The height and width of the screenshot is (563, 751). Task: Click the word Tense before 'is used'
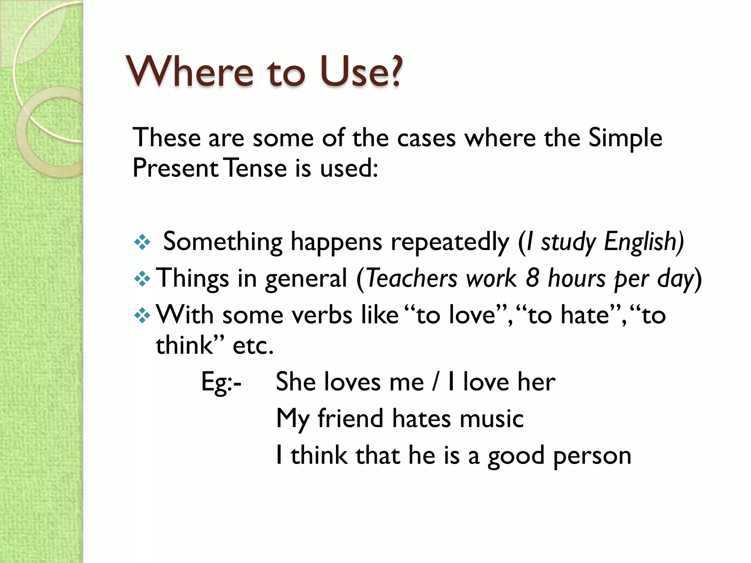tap(255, 169)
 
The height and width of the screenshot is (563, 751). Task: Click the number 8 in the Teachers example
tap(532, 279)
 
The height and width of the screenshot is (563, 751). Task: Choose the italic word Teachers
tap(412, 279)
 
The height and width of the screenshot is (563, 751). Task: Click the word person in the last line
tap(592, 456)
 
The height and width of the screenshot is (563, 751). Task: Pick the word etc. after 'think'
tap(253, 346)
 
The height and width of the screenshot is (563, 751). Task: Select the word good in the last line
tap(516, 456)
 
